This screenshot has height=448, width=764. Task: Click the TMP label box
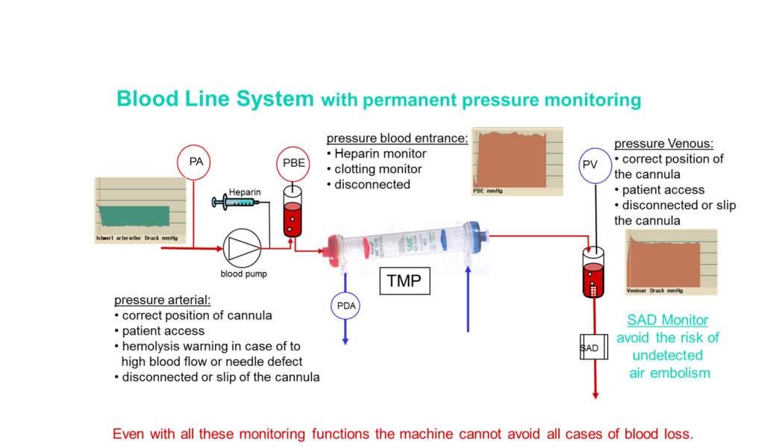(404, 281)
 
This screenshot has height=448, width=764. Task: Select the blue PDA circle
(345, 306)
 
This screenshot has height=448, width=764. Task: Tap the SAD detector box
(590, 347)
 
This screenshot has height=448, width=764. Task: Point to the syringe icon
(234, 201)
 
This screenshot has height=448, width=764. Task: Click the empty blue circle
(595, 165)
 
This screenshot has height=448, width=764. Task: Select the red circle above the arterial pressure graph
(193, 162)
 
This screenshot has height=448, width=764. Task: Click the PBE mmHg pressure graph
(516, 161)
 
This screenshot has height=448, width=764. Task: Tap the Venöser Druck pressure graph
(670, 262)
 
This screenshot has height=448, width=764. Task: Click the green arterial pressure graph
(140, 210)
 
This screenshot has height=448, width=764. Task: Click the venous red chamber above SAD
(593, 280)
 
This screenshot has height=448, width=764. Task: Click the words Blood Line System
(214, 98)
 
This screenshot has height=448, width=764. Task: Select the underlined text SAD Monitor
(667, 321)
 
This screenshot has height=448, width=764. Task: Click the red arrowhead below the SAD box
(595, 396)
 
